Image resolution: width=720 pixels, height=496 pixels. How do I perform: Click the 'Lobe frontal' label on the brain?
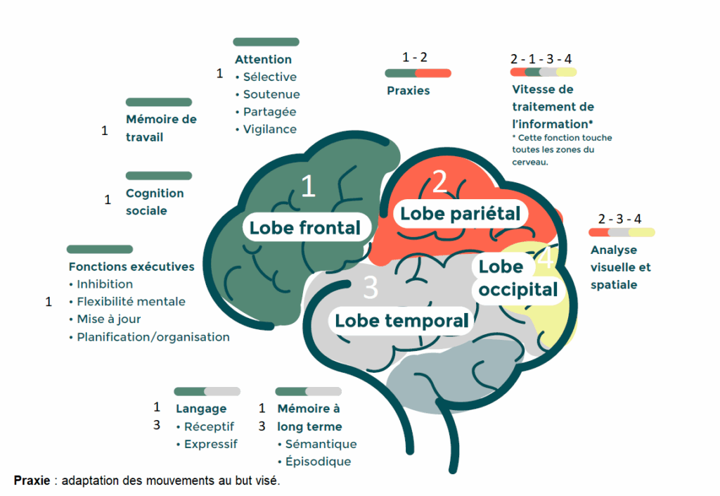(304, 227)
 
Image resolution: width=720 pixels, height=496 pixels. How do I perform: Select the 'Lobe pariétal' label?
(460, 213)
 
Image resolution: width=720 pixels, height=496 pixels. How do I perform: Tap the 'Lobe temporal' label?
(401, 321)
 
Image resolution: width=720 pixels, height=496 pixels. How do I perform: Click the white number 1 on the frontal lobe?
(308, 186)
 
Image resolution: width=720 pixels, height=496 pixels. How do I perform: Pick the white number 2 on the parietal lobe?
(439, 182)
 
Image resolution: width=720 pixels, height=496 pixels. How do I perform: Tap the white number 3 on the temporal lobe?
(371, 288)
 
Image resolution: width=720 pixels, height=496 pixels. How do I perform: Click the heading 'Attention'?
(263, 60)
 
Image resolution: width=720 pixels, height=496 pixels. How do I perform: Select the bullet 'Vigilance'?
(269, 129)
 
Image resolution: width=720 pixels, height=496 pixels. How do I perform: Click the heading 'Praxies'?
(408, 91)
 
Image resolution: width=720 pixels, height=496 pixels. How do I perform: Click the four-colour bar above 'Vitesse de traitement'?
(544, 72)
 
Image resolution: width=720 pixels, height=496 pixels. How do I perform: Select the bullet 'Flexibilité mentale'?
(131, 302)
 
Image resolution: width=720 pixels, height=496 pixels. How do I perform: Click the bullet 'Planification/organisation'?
(153, 337)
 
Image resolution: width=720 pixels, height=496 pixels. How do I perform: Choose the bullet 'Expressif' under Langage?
(210, 444)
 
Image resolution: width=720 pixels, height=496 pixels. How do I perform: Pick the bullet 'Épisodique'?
(318, 462)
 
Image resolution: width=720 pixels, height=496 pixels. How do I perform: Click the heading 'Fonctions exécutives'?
(131, 267)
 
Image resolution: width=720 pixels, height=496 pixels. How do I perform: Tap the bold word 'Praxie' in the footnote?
(32, 481)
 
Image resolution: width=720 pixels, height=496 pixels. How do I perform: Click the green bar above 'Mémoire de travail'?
(158, 102)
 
